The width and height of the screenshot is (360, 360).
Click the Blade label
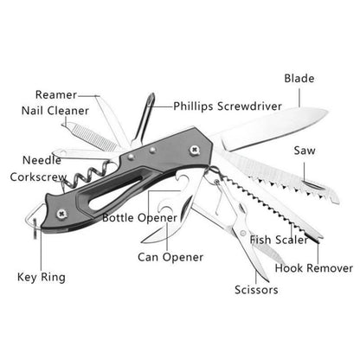[299, 79]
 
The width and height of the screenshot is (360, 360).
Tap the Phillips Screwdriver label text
[228, 106]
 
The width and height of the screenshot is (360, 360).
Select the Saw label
[305, 151]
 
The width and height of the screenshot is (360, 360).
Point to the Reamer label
[56, 94]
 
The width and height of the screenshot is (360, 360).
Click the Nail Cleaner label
[55, 111]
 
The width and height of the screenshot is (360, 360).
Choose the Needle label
[42, 160]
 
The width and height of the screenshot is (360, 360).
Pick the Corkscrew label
[38, 177]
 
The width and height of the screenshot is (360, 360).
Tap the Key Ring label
[42, 277]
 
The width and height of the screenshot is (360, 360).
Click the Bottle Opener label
[139, 218]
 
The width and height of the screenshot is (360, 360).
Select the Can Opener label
[170, 257]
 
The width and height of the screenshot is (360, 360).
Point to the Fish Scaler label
[279, 240]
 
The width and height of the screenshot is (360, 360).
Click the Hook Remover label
[314, 268]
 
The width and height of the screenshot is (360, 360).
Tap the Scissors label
[256, 290]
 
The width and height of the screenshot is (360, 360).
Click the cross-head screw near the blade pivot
[195, 150]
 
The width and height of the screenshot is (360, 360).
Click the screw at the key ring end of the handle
[62, 214]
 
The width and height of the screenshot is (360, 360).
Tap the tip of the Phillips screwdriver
[151, 94]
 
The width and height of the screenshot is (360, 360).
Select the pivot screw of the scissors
[243, 233]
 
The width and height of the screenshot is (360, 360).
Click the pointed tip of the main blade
[327, 111]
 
